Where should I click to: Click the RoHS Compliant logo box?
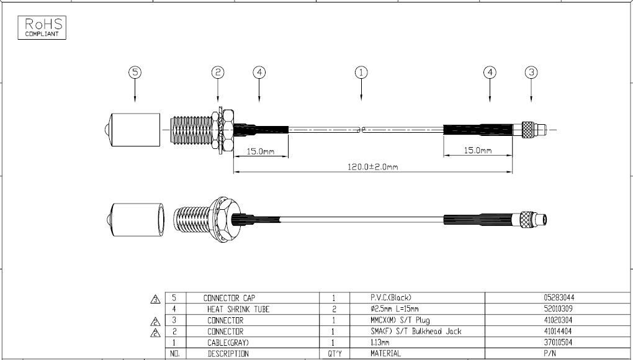pyautogui.click(x=42, y=27)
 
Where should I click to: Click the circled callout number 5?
pyautogui.click(x=135, y=73)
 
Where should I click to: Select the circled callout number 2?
pyautogui.click(x=218, y=73)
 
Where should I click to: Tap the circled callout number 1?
pyautogui.click(x=361, y=73)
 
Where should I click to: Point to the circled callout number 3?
pyautogui.click(x=531, y=73)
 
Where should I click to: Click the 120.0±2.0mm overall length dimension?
pyautogui.click(x=372, y=167)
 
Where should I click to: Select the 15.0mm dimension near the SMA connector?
pyautogui.click(x=261, y=151)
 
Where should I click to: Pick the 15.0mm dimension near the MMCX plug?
pyautogui.click(x=478, y=151)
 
